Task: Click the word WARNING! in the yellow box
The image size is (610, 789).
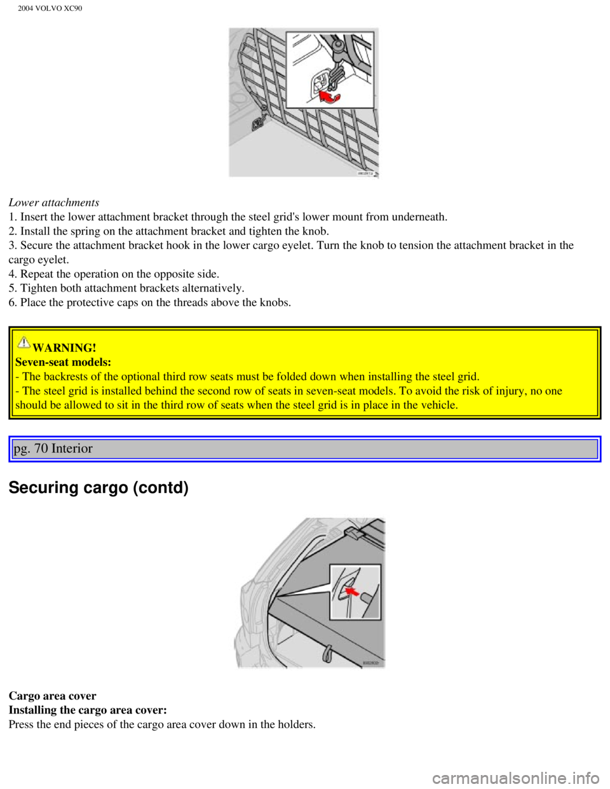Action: pyautogui.click(x=64, y=347)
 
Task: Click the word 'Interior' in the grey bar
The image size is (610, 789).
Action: pyautogui.click(x=72, y=448)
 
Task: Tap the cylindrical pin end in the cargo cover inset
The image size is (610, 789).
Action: pyautogui.click(x=367, y=597)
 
